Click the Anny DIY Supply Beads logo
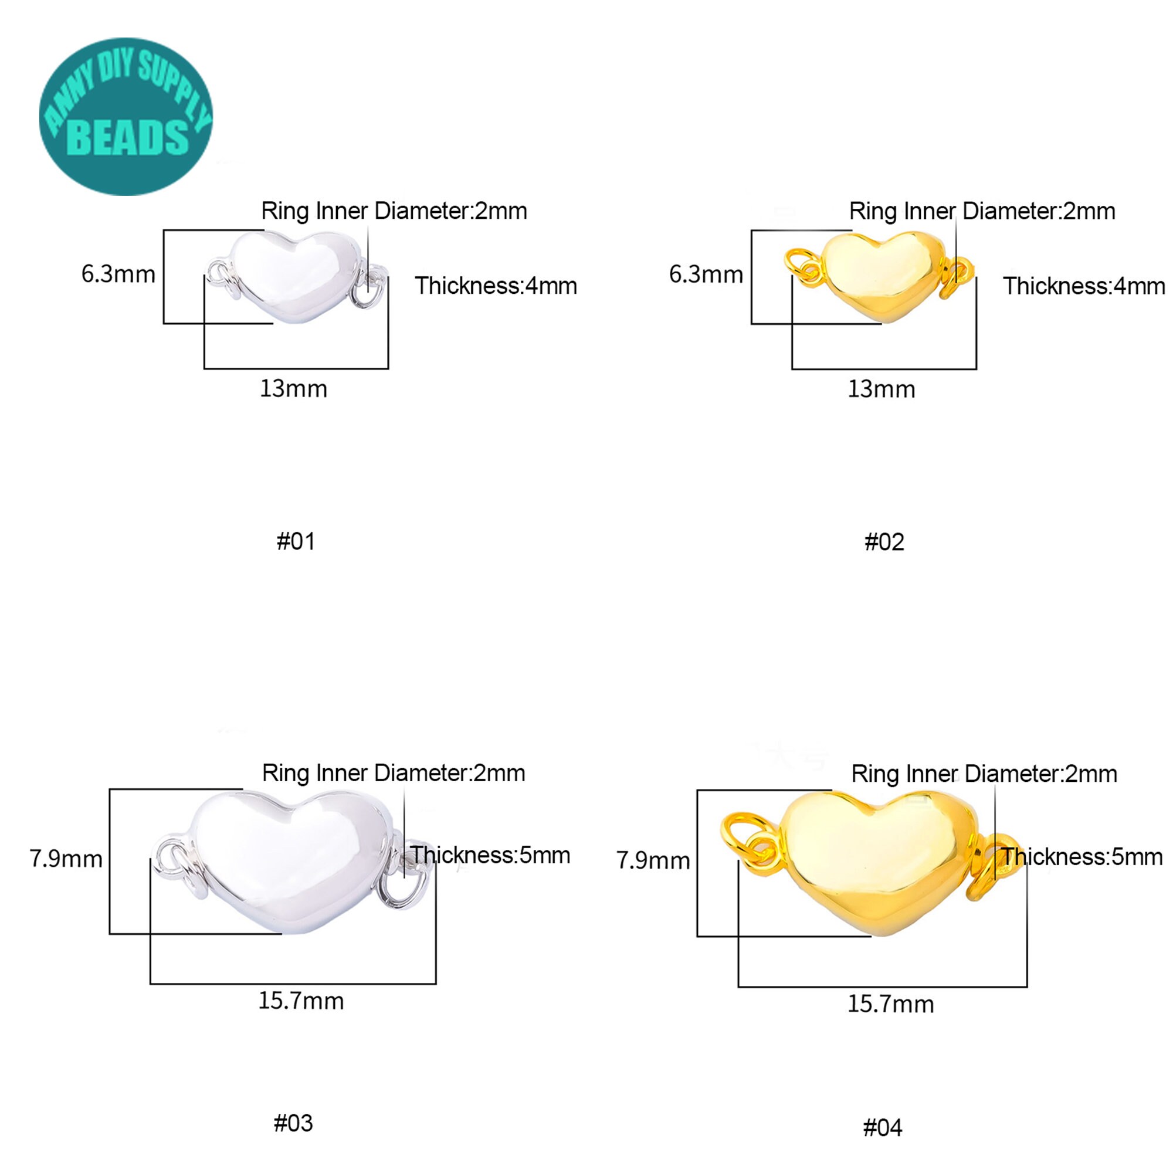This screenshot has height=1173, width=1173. point(126,117)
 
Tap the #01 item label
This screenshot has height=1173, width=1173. point(296,541)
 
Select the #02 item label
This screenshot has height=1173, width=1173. point(884,541)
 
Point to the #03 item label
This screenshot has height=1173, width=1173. point(293,1123)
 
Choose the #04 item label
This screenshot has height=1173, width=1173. point(883,1127)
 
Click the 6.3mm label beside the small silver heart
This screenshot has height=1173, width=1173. point(118,274)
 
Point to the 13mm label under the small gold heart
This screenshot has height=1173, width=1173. point(881,389)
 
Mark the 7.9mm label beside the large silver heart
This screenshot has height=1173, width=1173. point(66,859)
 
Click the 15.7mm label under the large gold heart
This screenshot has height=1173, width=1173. point(890,1004)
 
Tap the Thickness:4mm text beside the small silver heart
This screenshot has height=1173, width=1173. point(496,286)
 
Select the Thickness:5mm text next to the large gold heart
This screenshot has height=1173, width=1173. point(1082,856)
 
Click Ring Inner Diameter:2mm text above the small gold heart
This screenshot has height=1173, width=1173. point(982,211)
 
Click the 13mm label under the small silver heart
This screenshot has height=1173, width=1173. point(293,389)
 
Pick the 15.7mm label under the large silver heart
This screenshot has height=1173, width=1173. point(301,1000)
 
